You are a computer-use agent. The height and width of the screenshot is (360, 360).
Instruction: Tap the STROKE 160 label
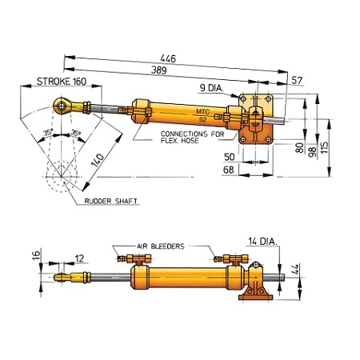[62, 82]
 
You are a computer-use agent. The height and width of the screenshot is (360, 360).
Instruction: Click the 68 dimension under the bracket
[228, 170]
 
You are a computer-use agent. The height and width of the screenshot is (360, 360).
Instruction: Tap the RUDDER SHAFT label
[111, 202]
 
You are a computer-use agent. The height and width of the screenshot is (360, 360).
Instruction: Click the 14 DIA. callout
[265, 241]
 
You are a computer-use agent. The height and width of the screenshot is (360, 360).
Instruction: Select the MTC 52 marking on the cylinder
[203, 112]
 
